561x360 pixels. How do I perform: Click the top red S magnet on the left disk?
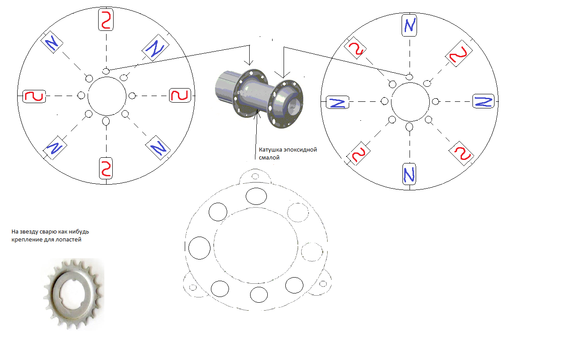(106, 19)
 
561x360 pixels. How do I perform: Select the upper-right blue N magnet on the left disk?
(155, 48)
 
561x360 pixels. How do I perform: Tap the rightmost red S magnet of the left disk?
(180, 95)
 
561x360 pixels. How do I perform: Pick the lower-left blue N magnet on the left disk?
(55, 148)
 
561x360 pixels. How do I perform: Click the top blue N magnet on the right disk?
(409, 25)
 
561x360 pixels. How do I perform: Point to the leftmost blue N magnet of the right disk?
(337, 102)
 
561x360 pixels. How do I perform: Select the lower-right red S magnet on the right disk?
(461, 153)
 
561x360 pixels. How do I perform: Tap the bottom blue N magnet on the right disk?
(409, 174)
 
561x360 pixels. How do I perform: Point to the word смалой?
(269, 158)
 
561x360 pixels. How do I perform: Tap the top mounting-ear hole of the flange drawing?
(255, 177)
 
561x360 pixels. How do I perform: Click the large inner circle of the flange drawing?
(256, 207)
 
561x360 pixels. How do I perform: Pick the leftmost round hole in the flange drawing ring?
(199, 248)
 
